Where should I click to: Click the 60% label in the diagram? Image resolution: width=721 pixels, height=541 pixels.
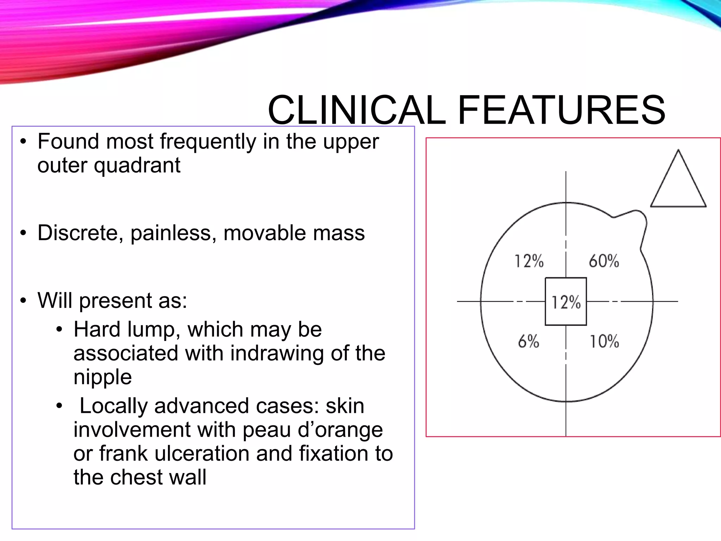point(604,261)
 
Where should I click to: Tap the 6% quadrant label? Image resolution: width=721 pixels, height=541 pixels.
point(528,341)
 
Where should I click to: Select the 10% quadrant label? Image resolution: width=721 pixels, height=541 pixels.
point(604,341)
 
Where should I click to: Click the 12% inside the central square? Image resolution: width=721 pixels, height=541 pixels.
point(566,302)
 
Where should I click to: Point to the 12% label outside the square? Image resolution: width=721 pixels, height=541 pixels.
point(529,261)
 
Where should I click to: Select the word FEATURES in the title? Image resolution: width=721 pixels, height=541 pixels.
point(562,110)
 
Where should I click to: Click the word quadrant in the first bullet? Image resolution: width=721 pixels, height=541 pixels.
point(137,166)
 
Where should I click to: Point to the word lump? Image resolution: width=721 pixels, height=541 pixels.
point(154,330)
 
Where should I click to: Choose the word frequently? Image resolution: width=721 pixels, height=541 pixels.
point(208,142)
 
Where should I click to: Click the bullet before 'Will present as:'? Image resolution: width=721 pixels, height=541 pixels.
point(23,301)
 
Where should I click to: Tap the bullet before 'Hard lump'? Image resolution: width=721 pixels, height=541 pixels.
point(59,330)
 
